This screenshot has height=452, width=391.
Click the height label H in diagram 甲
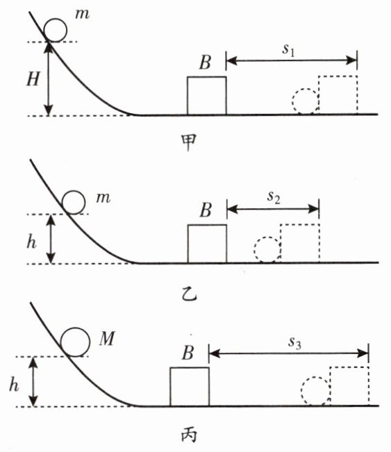click(x=33, y=78)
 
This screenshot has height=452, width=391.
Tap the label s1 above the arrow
click(x=289, y=50)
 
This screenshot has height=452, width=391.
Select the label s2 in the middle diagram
click(x=274, y=198)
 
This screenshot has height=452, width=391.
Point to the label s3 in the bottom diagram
click(x=294, y=343)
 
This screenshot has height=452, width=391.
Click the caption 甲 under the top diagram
click(x=189, y=142)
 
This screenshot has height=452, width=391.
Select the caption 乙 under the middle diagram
click(x=189, y=294)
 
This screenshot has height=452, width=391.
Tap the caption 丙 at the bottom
click(x=189, y=435)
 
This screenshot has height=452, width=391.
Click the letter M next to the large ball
click(x=107, y=338)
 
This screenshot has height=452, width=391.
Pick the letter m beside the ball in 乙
click(x=103, y=199)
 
